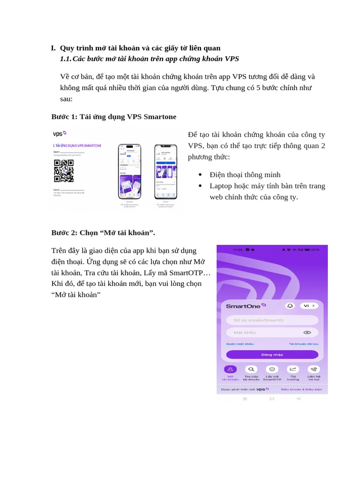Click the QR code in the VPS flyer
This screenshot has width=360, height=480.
point(64,171)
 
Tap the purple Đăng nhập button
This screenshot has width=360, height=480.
point(272,355)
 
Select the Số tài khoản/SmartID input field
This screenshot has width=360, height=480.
point(272,320)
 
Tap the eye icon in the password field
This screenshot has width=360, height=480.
point(307,332)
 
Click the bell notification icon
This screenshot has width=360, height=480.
point(290,306)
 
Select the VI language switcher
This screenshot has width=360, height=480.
point(309,306)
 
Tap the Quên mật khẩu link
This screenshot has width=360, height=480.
point(240,344)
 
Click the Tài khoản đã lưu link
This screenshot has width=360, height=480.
point(303,344)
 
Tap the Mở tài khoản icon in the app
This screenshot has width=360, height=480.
point(230,369)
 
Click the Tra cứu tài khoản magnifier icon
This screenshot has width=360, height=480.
point(251,369)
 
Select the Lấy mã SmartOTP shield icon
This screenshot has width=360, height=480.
point(272,369)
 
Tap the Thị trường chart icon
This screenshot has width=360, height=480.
point(293,369)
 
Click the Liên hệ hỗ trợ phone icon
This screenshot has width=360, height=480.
point(314,369)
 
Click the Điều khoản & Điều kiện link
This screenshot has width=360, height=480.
point(301,389)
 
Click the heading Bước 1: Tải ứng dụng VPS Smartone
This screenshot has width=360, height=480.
point(114,117)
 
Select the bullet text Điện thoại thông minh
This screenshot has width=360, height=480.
point(245,174)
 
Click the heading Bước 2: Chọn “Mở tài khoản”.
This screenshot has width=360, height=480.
point(103,232)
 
